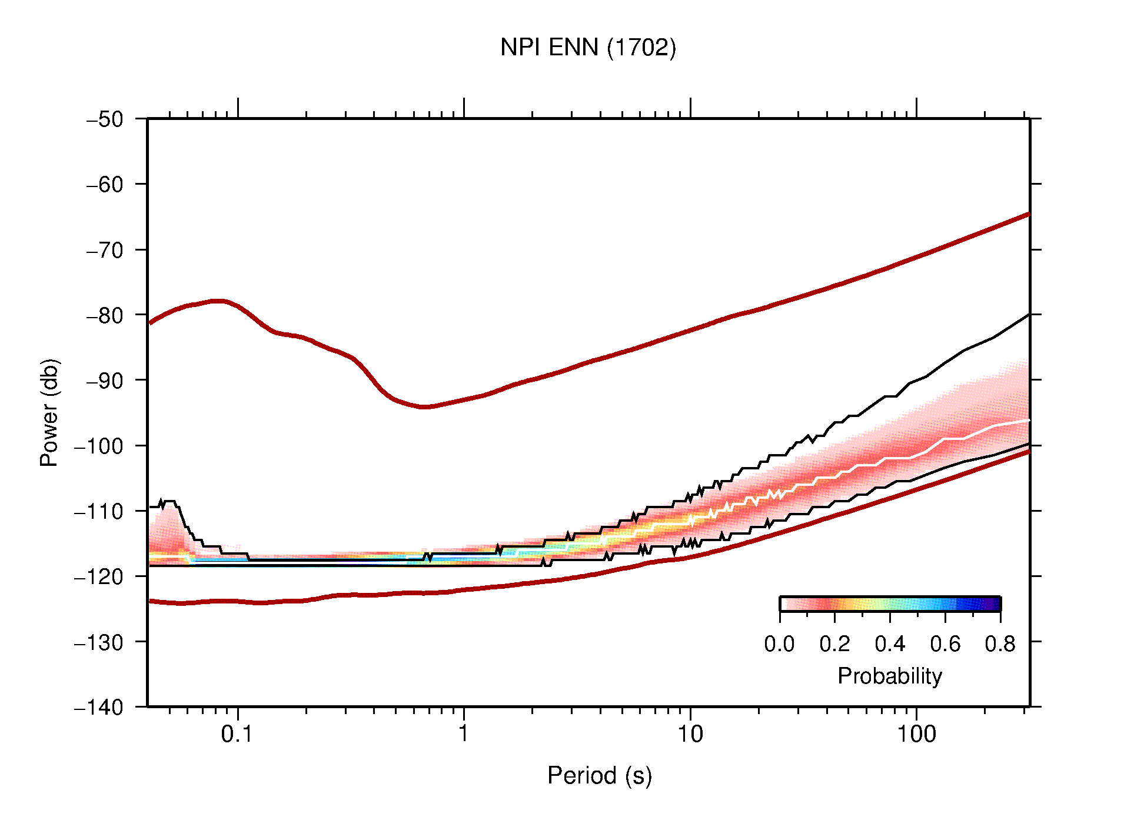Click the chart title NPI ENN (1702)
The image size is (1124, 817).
pyautogui.click(x=588, y=48)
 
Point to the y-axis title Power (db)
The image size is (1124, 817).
pyautogui.click(x=49, y=412)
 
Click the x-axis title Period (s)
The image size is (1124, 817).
pyautogui.click(x=599, y=775)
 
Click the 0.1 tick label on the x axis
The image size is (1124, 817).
pyautogui.click(x=237, y=734)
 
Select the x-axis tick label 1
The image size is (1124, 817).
pyautogui.click(x=464, y=734)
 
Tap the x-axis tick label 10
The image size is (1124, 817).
pyautogui.click(x=690, y=734)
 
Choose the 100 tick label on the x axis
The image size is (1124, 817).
pyautogui.click(x=916, y=734)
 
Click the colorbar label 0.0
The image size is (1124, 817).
pyautogui.click(x=779, y=644)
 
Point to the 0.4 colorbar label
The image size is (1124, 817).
pyautogui.click(x=890, y=644)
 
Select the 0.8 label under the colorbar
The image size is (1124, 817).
pyautogui.click(x=1000, y=644)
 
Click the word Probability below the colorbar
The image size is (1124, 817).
pyautogui.click(x=889, y=676)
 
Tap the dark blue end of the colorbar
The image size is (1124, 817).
pyautogui.click(x=993, y=604)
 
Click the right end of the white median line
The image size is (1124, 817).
pyautogui.click(x=1028, y=421)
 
